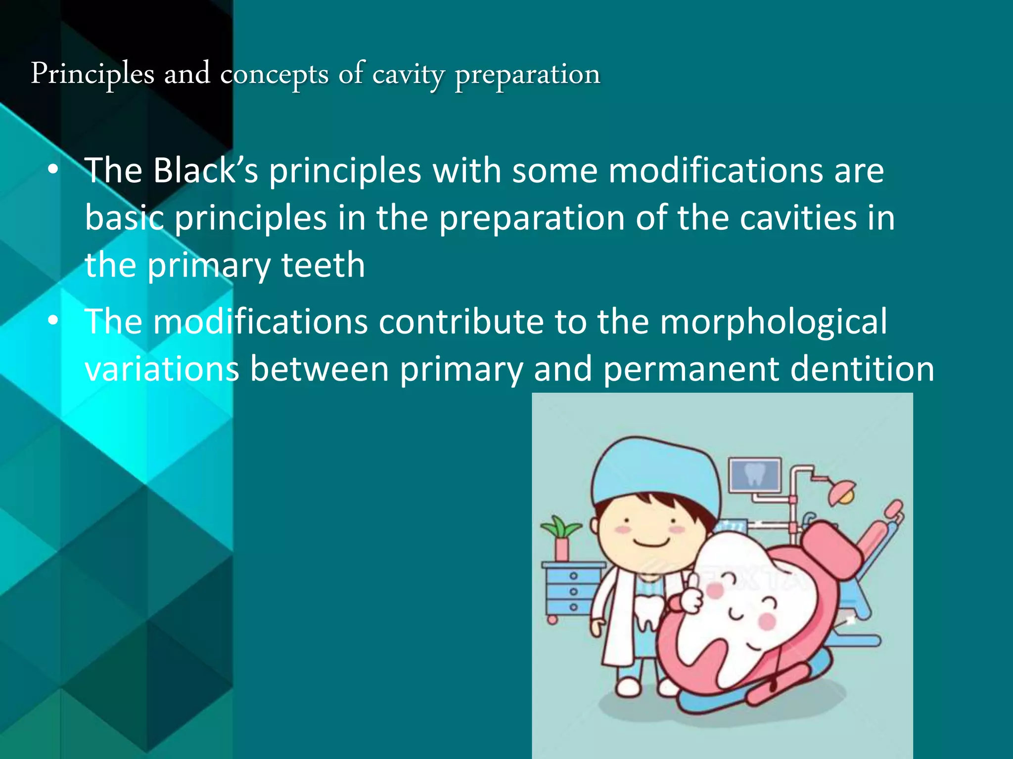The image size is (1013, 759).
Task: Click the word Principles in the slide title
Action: click(x=92, y=74)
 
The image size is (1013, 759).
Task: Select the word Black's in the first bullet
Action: click(x=205, y=170)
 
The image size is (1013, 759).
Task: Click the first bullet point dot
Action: click(x=53, y=170)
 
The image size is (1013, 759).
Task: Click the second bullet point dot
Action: click(x=53, y=322)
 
